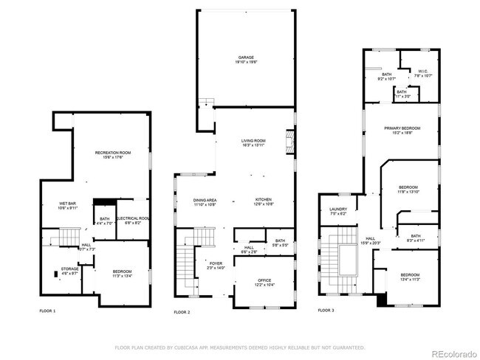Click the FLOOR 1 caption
click(x=47, y=311)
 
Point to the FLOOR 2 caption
click(x=182, y=311)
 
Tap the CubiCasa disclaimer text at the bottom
click(x=239, y=346)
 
